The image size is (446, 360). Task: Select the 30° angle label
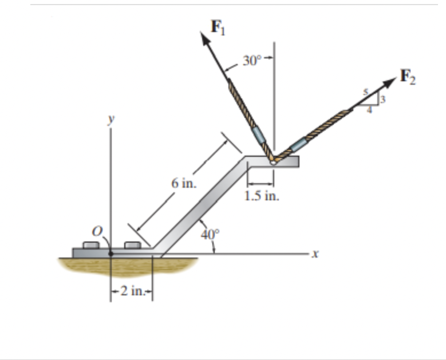click(x=250, y=61)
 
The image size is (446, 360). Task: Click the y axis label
click(x=112, y=121)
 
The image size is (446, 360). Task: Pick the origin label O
click(x=97, y=230)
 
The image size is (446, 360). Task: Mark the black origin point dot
click(x=111, y=252)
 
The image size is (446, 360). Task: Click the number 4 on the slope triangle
click(x=369, y=110)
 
